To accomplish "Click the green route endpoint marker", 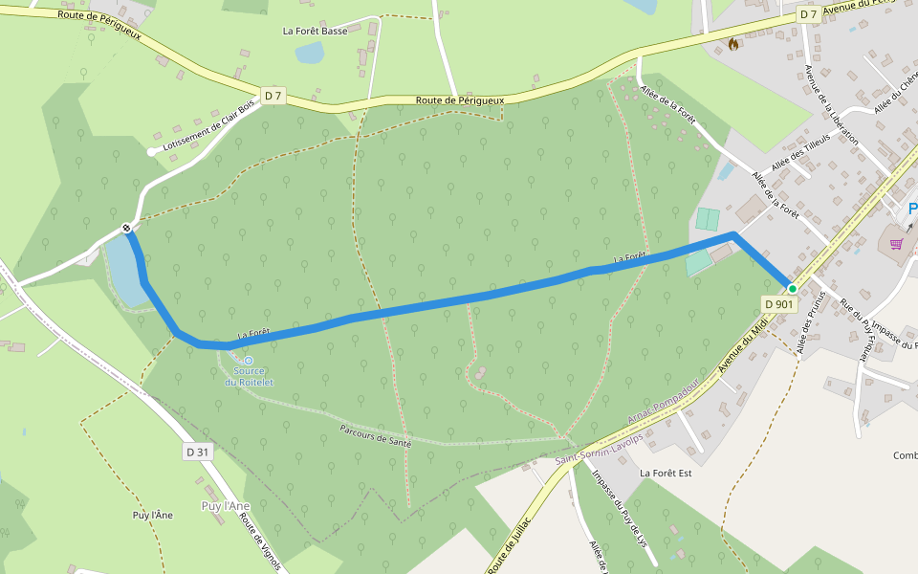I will point(792,288).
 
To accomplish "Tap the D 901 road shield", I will point(779,304).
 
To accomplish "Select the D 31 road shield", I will point(197,452).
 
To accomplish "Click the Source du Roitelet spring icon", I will point(249,361).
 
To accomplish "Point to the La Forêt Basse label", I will point(315,31).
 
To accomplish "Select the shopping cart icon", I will point(896,243).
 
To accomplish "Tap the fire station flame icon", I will point(733,43).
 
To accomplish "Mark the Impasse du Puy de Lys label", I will point(616,507).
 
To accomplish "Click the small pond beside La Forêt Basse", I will point(309,54).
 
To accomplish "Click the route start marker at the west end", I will point(126,228).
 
